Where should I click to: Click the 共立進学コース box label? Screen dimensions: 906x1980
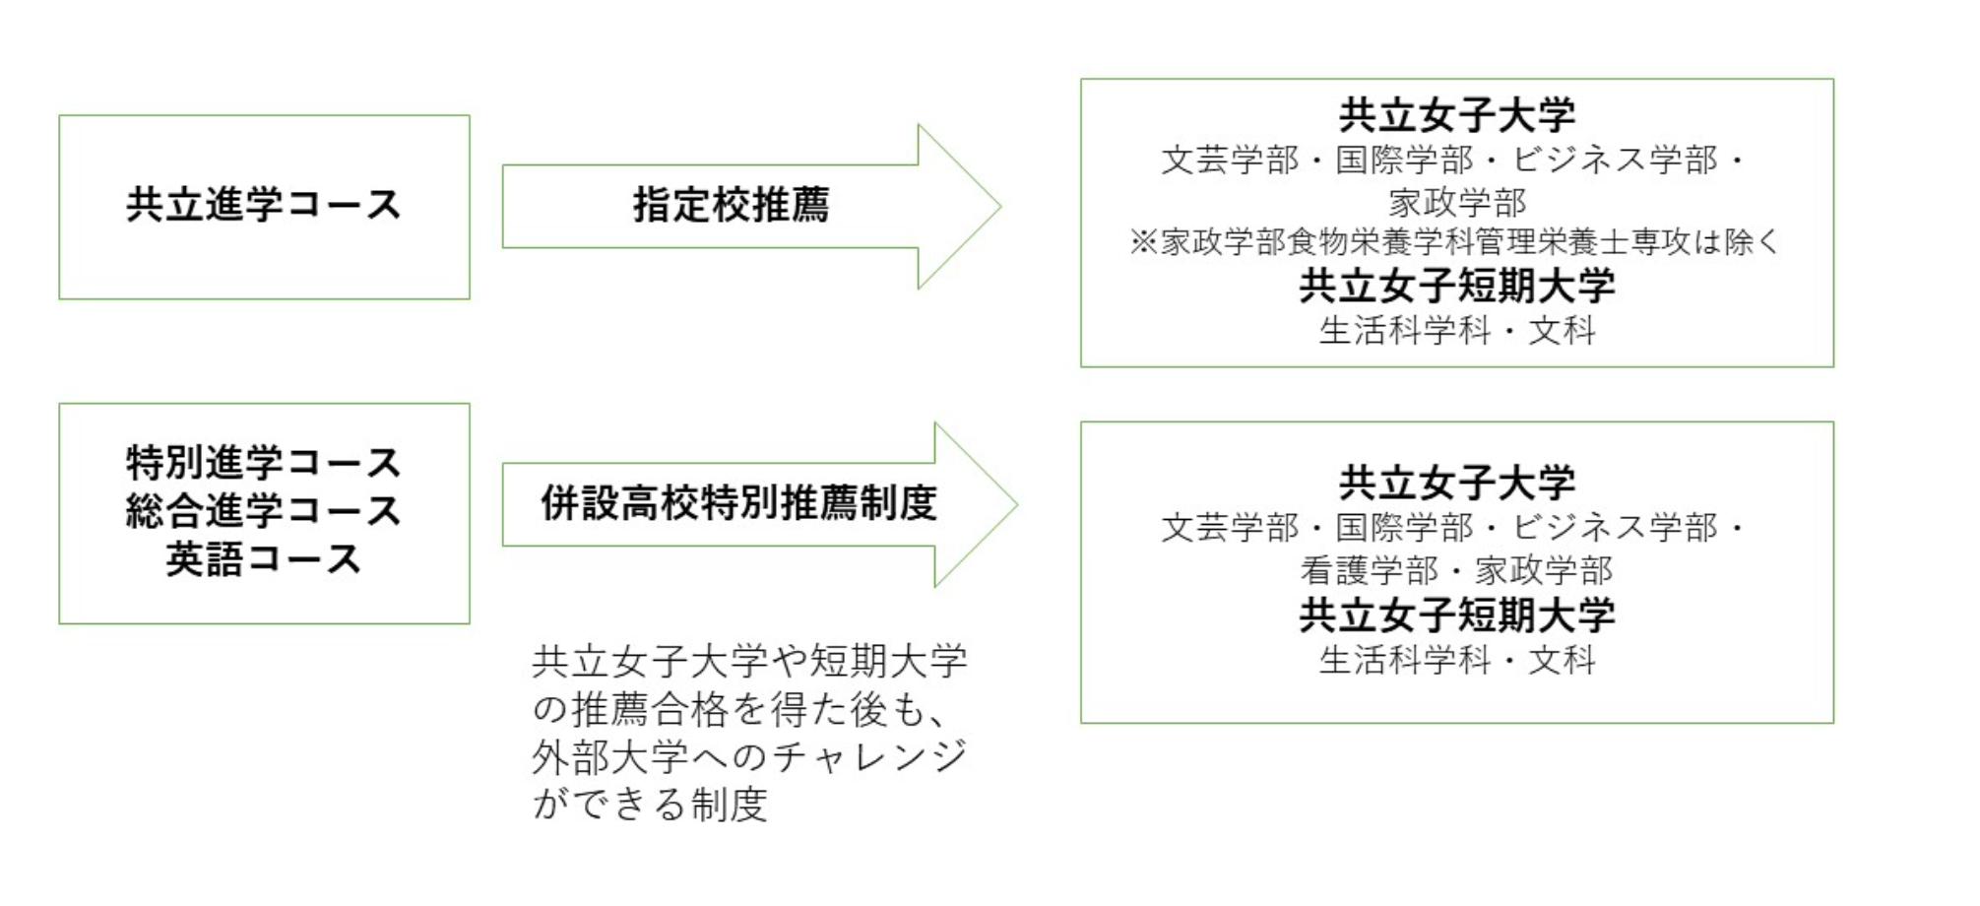coord(264,205)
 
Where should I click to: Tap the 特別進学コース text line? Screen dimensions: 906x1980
coord(264,462)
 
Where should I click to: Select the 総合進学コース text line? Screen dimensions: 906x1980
coord(264,510)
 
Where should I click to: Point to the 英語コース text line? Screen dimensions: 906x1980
coord(264,558)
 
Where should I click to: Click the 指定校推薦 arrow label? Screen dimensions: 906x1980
coord(731,205)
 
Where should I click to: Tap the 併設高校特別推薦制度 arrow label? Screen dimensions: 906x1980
coord(738,503)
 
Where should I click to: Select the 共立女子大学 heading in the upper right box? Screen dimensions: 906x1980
coord(1456,115)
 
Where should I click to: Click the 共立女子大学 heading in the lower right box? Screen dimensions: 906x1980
coord(1456,483)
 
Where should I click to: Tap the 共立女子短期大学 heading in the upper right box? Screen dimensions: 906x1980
coord(1456,286)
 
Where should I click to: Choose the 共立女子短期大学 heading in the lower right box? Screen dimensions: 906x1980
coord(1456,615)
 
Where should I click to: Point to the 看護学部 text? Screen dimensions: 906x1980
coord(1369,570)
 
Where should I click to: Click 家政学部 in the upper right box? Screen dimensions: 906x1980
coord(1456,202)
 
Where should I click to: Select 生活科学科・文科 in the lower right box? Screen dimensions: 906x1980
coord(1456,659)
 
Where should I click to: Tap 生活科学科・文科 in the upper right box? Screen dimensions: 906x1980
coord(1456,330)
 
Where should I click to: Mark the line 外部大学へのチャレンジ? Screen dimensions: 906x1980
coord(748,756)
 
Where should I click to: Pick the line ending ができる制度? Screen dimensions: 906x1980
coord(650,805)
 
